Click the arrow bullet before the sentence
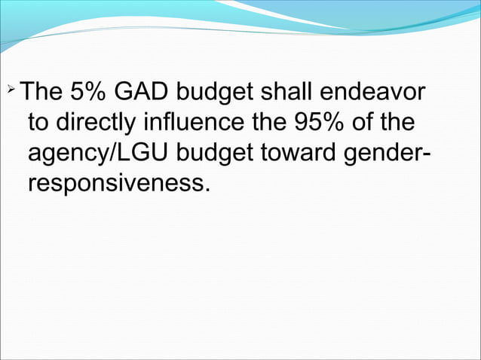[11, 91]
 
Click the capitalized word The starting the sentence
[41, 93]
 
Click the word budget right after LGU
[217, 154]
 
